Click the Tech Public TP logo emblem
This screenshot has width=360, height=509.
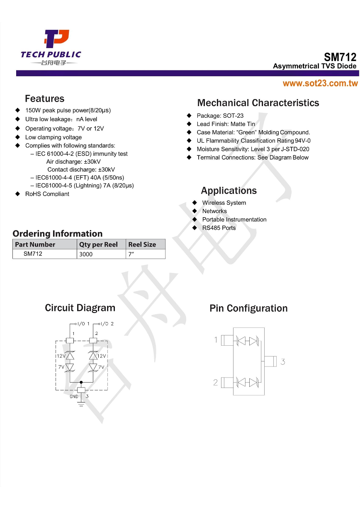pos(56,39)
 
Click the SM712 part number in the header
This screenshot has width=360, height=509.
pos(340,57)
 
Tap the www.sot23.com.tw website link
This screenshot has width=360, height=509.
pos(320,83)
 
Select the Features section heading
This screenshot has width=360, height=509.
pos(44,99)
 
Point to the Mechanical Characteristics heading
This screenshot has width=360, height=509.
pos(258,103)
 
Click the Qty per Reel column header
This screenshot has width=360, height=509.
pos(98,245)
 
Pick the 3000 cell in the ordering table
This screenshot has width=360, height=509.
pos(86,254)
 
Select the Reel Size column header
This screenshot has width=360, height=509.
pos(142,245)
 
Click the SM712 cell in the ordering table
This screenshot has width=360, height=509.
pos(33,254)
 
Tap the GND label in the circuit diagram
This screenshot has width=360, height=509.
pos(74,397)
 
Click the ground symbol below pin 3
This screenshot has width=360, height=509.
pos(81,403)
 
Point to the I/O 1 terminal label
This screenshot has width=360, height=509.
pos(83,324)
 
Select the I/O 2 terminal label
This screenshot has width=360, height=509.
pos(107,324)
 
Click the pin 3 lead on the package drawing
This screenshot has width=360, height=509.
pos(270,361)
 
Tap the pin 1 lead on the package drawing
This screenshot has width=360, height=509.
pos(227,340)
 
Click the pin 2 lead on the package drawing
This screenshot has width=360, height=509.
pos(227,383)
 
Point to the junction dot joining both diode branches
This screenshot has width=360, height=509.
pos(81,382)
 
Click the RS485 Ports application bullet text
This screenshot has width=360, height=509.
pos(219,228)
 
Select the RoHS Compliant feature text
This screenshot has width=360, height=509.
pos(47,194)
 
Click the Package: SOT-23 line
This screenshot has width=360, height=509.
pos(220,116)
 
